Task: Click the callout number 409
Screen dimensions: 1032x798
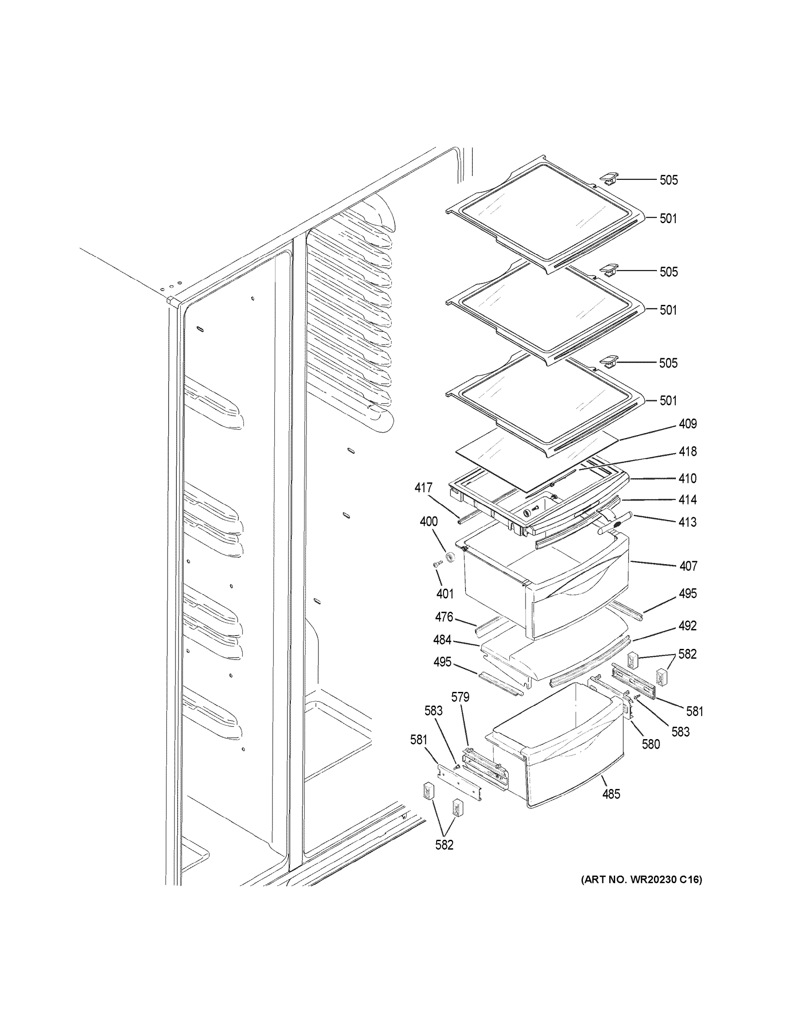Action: click(x=687, y=424)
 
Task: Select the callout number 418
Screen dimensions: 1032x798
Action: click(x=687, y=452)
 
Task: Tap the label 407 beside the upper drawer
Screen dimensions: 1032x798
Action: click(x=688, y=565)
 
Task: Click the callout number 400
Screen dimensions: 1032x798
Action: click(x=428, y=522)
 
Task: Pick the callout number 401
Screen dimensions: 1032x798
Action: click(x=444, y=594)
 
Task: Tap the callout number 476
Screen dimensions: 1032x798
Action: click(x=444, y=617)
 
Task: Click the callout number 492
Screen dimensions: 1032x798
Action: click(x=687, y=626)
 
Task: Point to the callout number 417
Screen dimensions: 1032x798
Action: click(x=423, y=487)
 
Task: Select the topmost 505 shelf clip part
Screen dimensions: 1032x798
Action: click(x=609, y=178)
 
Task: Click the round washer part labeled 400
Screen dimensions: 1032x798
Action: click(x=451, y=556)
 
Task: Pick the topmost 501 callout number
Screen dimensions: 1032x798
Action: click(x=668, y=218)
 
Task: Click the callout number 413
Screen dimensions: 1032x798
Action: click(x=687, y=522)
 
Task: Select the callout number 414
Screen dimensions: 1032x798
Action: click(x=687, y=500)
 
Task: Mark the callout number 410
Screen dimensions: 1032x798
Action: click(x=687, y=479)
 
